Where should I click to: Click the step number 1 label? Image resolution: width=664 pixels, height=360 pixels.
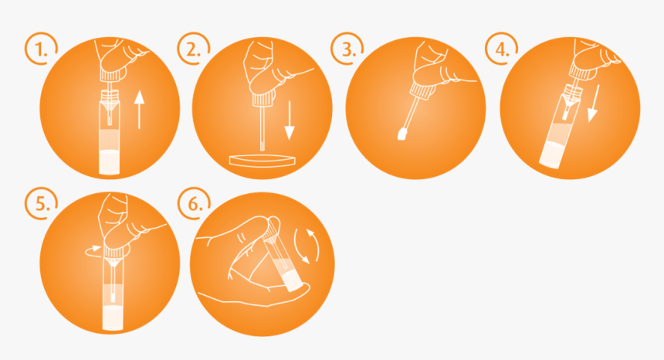pos(40,50)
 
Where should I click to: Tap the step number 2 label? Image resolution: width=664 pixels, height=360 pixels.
pos(193,50)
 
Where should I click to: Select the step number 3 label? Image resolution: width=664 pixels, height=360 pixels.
pos(347,50)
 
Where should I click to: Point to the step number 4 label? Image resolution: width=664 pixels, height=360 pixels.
pos(502,50)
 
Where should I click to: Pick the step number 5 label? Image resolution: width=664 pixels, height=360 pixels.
pos(42,205)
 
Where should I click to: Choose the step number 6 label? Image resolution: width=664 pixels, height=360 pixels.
pos(195,205)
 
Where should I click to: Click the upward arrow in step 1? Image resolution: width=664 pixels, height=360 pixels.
pos(139,109)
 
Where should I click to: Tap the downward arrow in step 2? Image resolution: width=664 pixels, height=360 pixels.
pos(290,121)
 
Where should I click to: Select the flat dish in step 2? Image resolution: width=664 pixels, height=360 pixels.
pos(263,161)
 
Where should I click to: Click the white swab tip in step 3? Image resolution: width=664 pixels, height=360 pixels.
pos(401,134)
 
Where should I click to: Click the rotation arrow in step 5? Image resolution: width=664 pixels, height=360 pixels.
pos(94,251)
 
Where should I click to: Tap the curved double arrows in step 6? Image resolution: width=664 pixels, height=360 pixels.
pos(307,246)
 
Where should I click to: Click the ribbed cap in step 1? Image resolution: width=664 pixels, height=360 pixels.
pos(110,76)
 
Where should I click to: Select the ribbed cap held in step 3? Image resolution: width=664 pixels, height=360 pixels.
pos(421,92)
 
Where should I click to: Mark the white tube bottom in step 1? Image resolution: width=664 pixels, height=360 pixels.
pos(110,161)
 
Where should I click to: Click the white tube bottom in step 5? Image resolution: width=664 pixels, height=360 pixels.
pos(113,318)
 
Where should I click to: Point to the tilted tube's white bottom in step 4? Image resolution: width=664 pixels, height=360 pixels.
pos(551,155)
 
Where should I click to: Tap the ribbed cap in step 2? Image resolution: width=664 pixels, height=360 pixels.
pos(263,100)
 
